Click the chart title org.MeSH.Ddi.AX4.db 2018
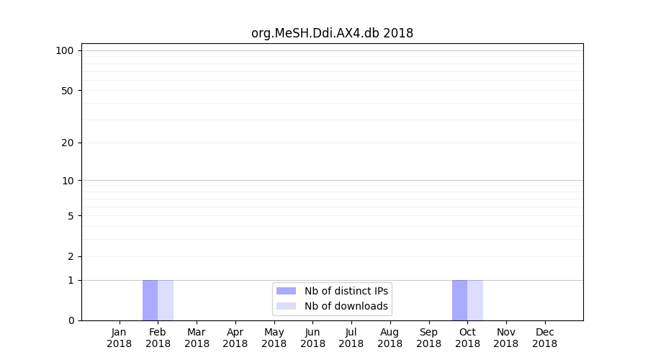(332, 33)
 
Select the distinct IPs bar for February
(150, 300)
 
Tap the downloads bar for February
(166, 300)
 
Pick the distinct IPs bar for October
(459, 300)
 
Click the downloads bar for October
(475, 300)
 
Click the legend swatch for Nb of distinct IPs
(286, 291)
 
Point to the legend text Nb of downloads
(346, 306)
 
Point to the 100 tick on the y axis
(65, 50)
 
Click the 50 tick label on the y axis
(68, 91)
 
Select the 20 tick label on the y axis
(68, 143)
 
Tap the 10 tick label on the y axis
(68, 181)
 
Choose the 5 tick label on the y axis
(71, 216)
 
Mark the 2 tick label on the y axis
(71, 256)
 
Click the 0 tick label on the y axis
(71, 320)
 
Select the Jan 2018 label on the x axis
(120, 338)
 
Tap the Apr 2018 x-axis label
(235, 338)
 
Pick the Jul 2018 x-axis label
(351, 338)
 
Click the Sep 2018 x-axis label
(428, 338)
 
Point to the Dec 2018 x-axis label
(544, 338)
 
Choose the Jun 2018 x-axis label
(312, 338)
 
